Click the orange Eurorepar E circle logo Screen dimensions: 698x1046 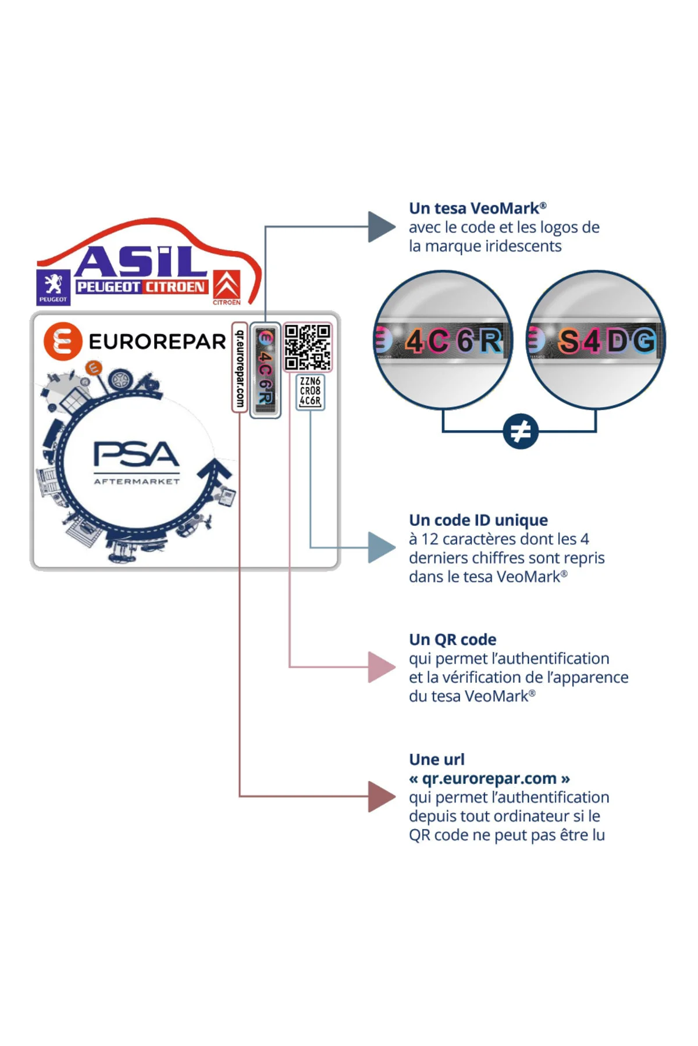(63, 341)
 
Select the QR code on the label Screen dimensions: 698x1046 (308, 347)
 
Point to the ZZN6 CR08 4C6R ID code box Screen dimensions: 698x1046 (310, 392)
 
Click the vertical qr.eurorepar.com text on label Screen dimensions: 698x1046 (239, 368)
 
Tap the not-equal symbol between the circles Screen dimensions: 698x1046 (521, 431)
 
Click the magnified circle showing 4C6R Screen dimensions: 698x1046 (443, 340)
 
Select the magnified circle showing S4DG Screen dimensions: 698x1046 (596, 340)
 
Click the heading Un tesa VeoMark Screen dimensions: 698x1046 (478, 208)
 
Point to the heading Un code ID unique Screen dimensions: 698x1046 (478, 520)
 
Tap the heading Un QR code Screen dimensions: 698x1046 (453, 639)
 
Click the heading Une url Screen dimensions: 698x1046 (437, 759)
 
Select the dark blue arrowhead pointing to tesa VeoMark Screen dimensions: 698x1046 (382, 227)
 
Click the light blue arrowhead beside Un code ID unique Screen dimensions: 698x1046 (382, 547)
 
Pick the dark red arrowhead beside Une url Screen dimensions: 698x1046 (382, 796)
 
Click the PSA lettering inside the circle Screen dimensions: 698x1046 (137, 454)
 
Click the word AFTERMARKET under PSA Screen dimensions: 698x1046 (137, 481)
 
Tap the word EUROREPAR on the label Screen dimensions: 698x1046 (157, 342)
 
